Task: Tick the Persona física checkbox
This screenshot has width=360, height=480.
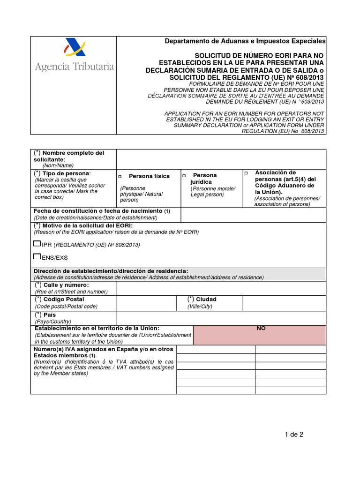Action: (x=120, y=177)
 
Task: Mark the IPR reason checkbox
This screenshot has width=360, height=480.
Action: (x=37, y=244)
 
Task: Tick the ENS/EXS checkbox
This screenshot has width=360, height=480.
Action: (x=37, y=257)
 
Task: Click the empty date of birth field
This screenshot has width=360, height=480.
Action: (x=253, y=215)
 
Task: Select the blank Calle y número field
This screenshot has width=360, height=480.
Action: (x=221, y=288)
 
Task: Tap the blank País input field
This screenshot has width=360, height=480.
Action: (x=221, y=318)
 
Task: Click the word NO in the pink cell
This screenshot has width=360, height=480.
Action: (x=261, y=329)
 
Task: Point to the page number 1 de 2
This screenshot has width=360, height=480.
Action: (x=294, y=434)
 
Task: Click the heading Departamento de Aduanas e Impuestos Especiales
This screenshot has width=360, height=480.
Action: (x=245, y=41)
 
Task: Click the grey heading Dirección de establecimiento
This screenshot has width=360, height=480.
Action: (x=111, y=271)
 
